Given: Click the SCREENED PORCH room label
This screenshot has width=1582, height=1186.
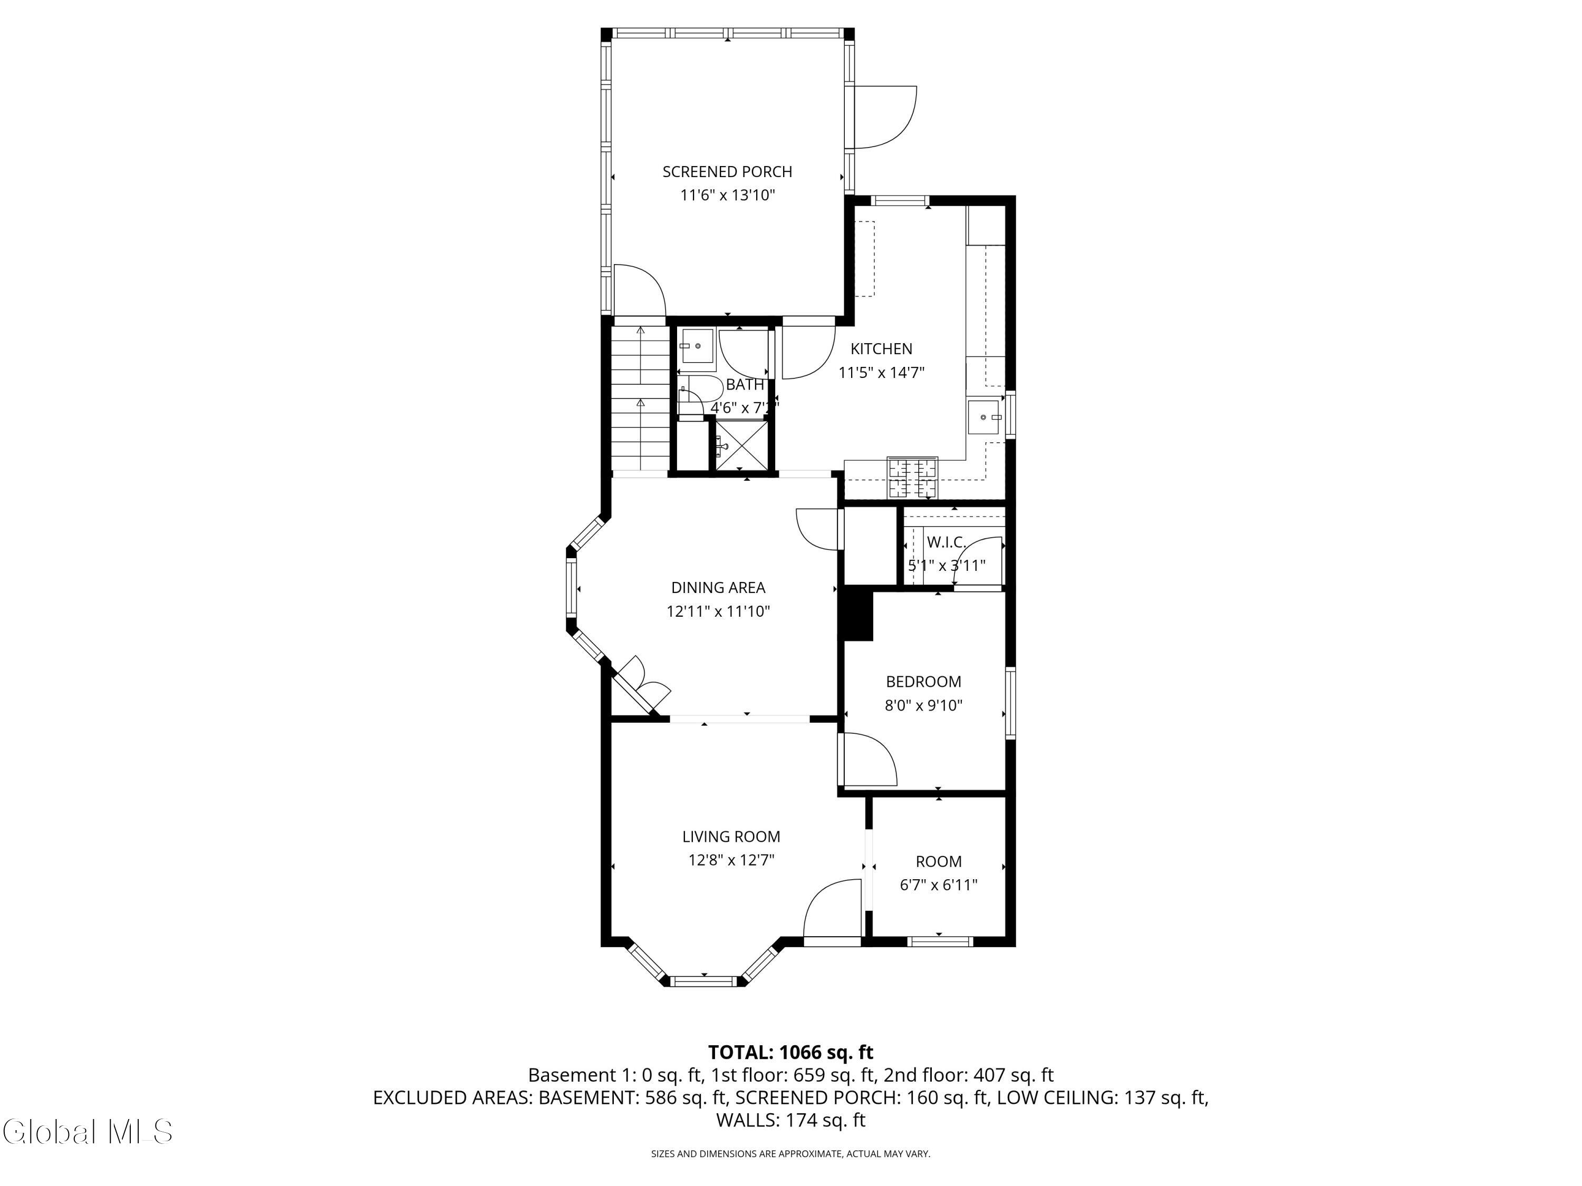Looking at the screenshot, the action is (x=727, y=171).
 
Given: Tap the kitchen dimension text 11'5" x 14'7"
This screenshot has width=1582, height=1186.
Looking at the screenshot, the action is (x=881, y=373).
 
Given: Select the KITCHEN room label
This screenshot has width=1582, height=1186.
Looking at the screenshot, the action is (x=881, y=349).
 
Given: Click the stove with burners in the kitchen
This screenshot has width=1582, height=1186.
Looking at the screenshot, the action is (x=913, y=478).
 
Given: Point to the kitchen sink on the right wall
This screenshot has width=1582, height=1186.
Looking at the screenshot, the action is (x=986, y=417).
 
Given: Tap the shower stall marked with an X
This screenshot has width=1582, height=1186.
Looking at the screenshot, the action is (x=742, y=445).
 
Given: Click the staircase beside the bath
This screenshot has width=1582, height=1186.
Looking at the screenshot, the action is (x=640, y=398).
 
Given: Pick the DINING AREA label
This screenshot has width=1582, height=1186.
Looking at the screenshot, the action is (x=718, y=588).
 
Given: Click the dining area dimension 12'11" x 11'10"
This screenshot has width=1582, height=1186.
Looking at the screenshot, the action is (x=718, y=611).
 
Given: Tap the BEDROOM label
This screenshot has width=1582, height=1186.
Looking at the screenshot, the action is (x=923, y=682).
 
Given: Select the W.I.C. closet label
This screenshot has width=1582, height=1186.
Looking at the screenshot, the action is (x=946, y=542).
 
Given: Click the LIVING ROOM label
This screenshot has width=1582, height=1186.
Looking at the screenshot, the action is (x=731, y=837).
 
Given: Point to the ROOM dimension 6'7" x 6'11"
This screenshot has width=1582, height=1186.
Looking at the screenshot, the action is (x=938, y=885).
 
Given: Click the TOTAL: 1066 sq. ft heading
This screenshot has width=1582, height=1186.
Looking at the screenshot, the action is (x=790, y=1052).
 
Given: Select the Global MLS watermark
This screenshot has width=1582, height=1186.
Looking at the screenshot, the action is (x=87, y=1132).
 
